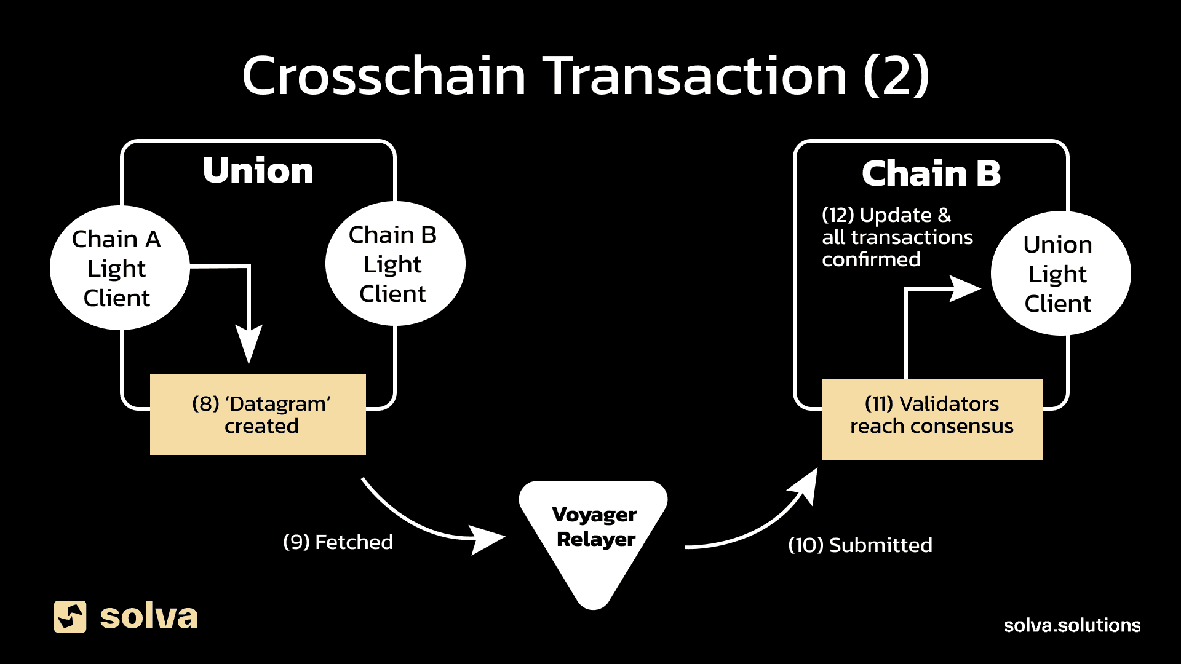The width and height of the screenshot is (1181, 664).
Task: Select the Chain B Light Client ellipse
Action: pyautogui.click(x=395, y=264)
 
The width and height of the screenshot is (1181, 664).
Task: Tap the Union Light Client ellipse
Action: pyautogui.click(x=1060, y=274)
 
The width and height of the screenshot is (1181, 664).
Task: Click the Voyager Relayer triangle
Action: pyautogui.click(x=594, y=535)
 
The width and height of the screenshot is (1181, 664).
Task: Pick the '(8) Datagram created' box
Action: pyautogui.click(x=258, y=414)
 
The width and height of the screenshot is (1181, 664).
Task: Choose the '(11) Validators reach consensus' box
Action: pyautogui.click(x=932, y=419)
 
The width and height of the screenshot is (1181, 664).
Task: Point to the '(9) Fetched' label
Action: pyautogui.click(x=338, y=542)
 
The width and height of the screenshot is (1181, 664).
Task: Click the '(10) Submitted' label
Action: pyautogui.click(x=860, y=545)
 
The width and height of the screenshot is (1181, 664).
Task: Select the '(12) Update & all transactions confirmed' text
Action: pyautogui.click(x=897, y=237)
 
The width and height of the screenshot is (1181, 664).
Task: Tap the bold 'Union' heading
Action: pyautogui.click(x=258, y=170)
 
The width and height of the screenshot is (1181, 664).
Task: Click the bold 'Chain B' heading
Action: pyautogui.click(x=931, y=173)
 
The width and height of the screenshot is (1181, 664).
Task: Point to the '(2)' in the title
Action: pyautogui.click(x=896, y=76)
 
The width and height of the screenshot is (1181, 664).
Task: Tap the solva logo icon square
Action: pyautogui.click(x=70, y=617)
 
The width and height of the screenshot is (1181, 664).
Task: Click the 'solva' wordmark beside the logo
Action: pyautogui.click(x=149, y=617)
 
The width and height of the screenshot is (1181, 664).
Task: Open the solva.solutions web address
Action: pyautogui.click(x=1072, y=625)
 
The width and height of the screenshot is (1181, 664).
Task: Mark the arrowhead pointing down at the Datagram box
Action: pyautogui.click(x=249, y=344)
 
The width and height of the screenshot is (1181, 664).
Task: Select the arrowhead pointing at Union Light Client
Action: pyautogui.click(x=964, y=288)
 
